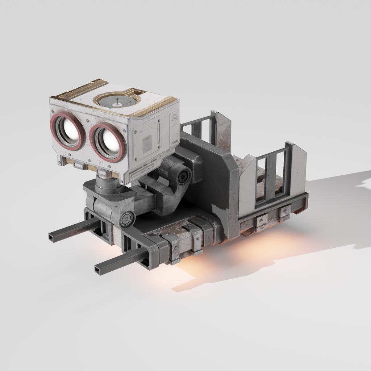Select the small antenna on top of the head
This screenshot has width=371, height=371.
point(117,102)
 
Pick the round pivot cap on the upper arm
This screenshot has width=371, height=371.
point(183,176)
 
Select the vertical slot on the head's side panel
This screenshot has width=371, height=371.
point(158,133)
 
